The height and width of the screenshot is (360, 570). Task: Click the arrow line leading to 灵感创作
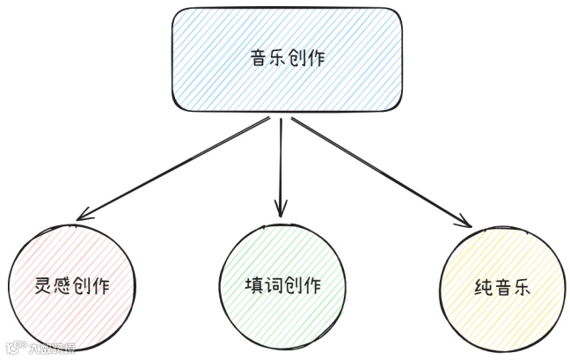pos(176,167)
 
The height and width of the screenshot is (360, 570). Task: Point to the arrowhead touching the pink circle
pos(84,216)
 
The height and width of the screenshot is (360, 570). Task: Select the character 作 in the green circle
pos(312,286)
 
